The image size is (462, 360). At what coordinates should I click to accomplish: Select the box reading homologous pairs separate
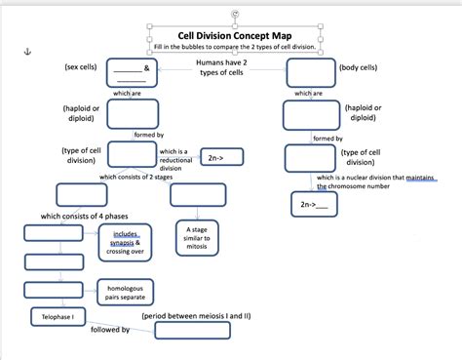click(x=125, y=292)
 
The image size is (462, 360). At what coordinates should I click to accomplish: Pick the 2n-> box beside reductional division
click(x=219, y=157)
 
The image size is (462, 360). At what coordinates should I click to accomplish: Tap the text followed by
click(x=110, y=330)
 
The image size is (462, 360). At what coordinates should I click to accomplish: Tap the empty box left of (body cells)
click(x=309, y=72)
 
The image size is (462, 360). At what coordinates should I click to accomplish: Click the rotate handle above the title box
click(x=232, y=13)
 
